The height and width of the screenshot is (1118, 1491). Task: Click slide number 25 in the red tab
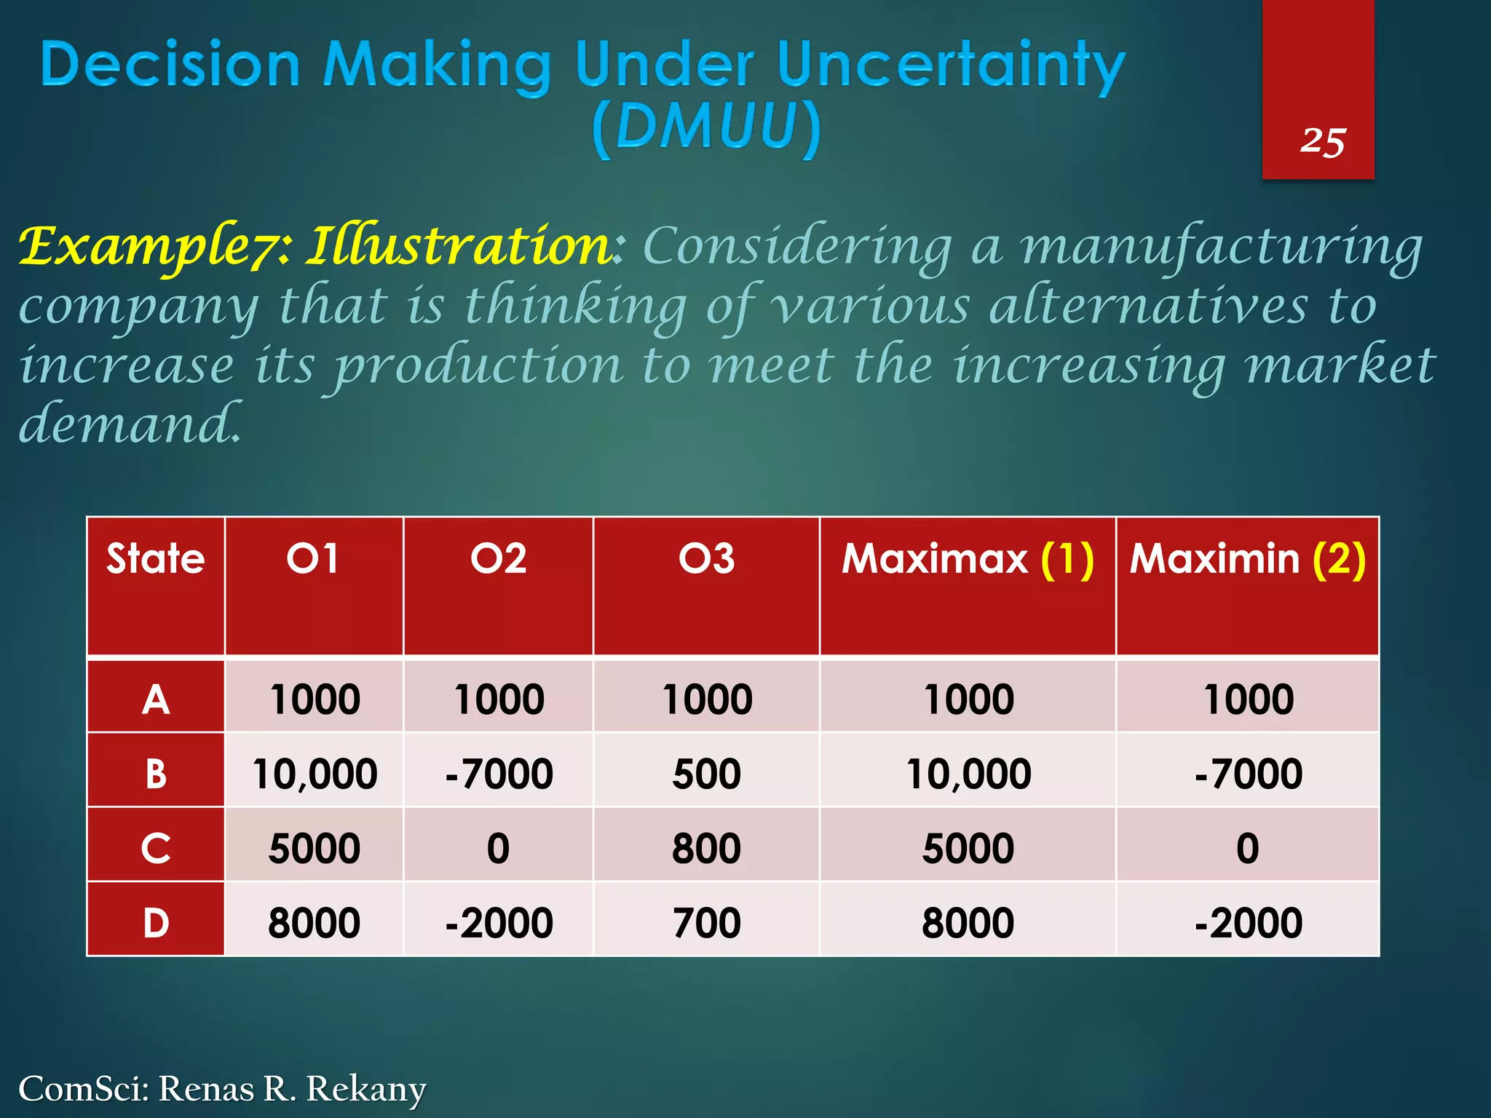tap(1323, 141)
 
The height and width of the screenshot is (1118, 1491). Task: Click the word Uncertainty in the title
tap(951, 66)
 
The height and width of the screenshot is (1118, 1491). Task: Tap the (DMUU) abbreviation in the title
tap(706, 128)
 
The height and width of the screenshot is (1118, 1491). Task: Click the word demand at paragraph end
tap(128, 424)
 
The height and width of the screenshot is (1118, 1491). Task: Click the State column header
tap(156, 559)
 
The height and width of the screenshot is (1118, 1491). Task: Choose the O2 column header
tap(499, 559)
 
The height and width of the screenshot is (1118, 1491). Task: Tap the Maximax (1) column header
tap(968, 559)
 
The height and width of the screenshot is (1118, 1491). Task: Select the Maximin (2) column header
tap(1247, 559)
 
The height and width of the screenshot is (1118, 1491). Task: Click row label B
tap(156, 773)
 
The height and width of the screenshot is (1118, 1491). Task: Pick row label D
tap(156, 922)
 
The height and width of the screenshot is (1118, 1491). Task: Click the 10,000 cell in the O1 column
tap(315, 773)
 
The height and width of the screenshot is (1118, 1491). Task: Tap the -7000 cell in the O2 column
tap(499, 773)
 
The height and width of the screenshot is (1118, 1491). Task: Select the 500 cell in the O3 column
tap(706, 773)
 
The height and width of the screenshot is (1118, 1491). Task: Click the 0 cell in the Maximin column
tap(1247, 848)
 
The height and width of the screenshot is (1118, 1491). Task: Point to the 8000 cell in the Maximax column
tap(968, 922)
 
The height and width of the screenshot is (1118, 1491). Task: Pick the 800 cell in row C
tap(706, 848)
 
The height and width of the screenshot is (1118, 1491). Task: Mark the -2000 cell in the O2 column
tap(499, 922)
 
